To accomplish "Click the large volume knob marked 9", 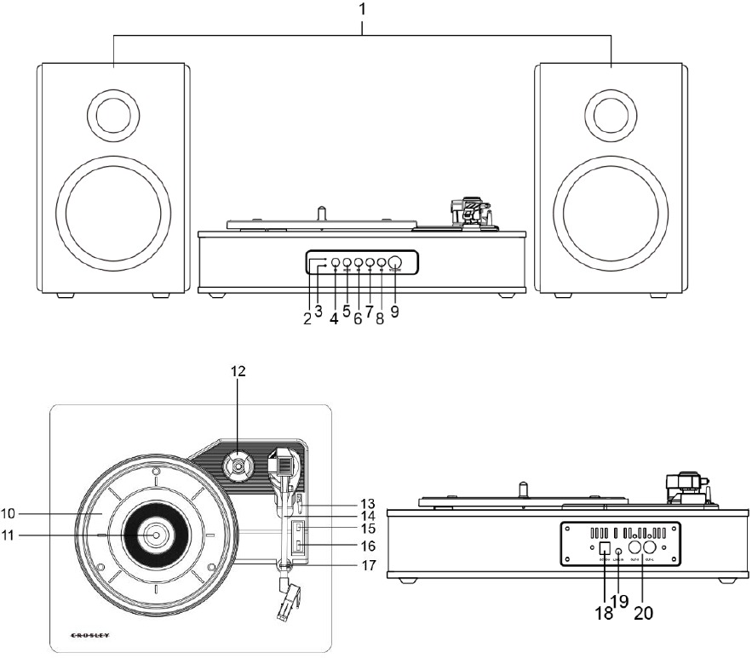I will [395, 264].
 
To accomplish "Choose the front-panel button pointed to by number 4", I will [336, 264].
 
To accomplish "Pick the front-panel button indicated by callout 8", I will [381, 264].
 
